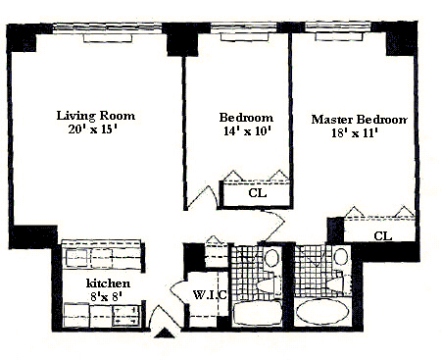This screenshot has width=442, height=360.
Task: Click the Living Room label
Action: (96, 116)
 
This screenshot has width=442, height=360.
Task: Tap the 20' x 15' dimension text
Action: (93, 129)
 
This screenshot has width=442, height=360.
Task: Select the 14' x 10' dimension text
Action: (248, 131)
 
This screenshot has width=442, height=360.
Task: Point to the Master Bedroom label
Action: (360, 120)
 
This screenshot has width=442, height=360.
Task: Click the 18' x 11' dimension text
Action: (355, 133)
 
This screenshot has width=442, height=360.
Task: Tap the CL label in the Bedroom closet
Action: (258, 193)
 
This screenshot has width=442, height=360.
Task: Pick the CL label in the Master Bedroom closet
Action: (383, 235)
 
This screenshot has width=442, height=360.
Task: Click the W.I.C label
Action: (210, 295)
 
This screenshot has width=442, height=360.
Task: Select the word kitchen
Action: (108, 283)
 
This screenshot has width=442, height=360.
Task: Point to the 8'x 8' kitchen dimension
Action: (106, 296)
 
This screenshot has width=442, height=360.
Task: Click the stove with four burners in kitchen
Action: (126, 316)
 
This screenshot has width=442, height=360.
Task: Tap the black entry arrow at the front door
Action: (165, 334)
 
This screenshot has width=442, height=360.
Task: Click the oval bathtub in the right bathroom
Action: (322, 311)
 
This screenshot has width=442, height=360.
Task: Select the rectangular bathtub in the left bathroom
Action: (258, 313)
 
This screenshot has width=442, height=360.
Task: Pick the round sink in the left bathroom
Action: (271, 258)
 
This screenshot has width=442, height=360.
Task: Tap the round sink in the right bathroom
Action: (341, 256)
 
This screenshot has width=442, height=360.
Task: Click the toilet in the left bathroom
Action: (269, 285)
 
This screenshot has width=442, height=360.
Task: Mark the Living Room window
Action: (107, 28)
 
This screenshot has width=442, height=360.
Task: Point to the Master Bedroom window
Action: (338, 26)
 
